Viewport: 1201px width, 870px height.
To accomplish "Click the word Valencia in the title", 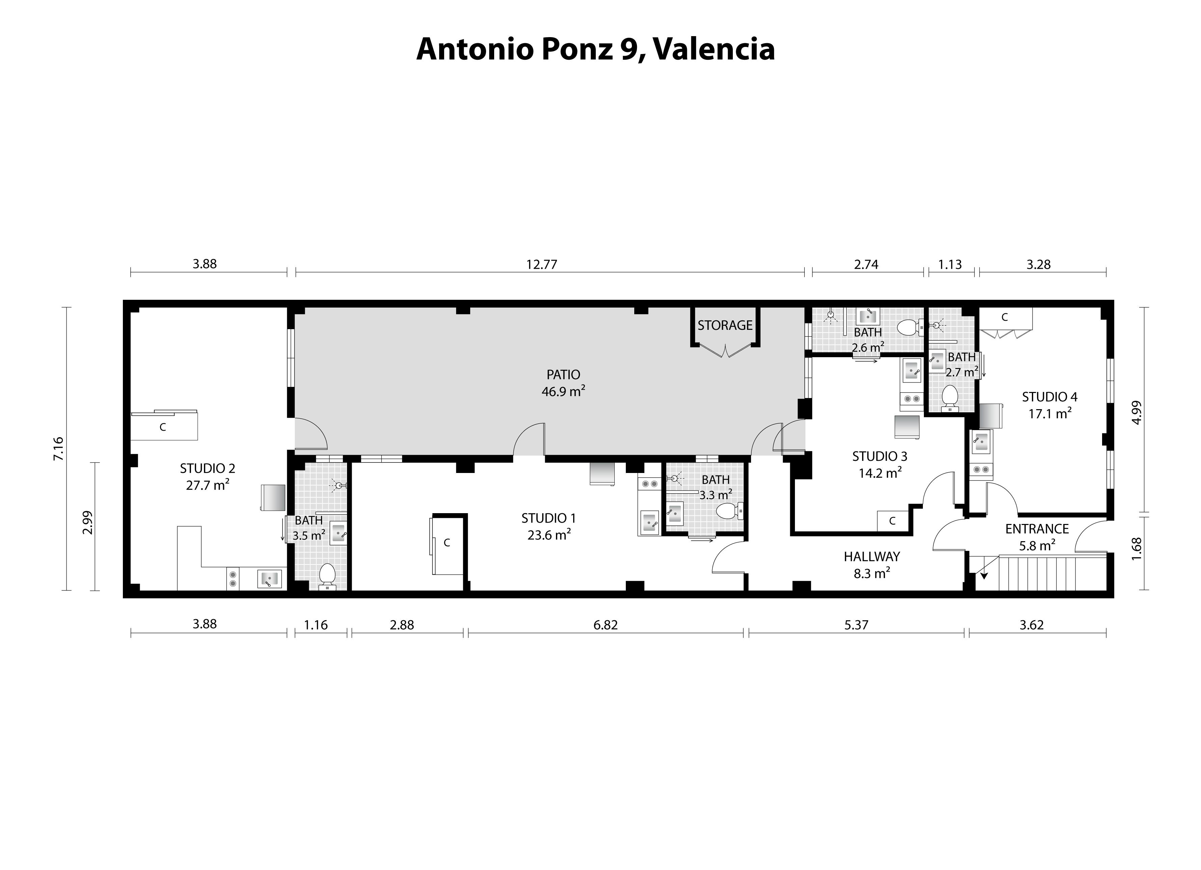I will click(714, 49).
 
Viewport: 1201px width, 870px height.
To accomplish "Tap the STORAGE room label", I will click(724, 325).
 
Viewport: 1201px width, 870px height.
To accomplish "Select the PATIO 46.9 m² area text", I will click(563, 383).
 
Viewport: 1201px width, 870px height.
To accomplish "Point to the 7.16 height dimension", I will click(58, 448).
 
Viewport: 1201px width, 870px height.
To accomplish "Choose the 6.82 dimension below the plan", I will click(605, 625).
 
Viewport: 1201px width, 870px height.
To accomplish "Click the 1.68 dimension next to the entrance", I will click(1137, 553).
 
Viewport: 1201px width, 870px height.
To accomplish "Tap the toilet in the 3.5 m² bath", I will click(327, 575).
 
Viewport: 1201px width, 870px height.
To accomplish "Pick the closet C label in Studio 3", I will click(892, 521).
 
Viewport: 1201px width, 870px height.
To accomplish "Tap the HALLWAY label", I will click(872, 556).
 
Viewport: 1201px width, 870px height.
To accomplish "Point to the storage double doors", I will click(725, 350).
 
